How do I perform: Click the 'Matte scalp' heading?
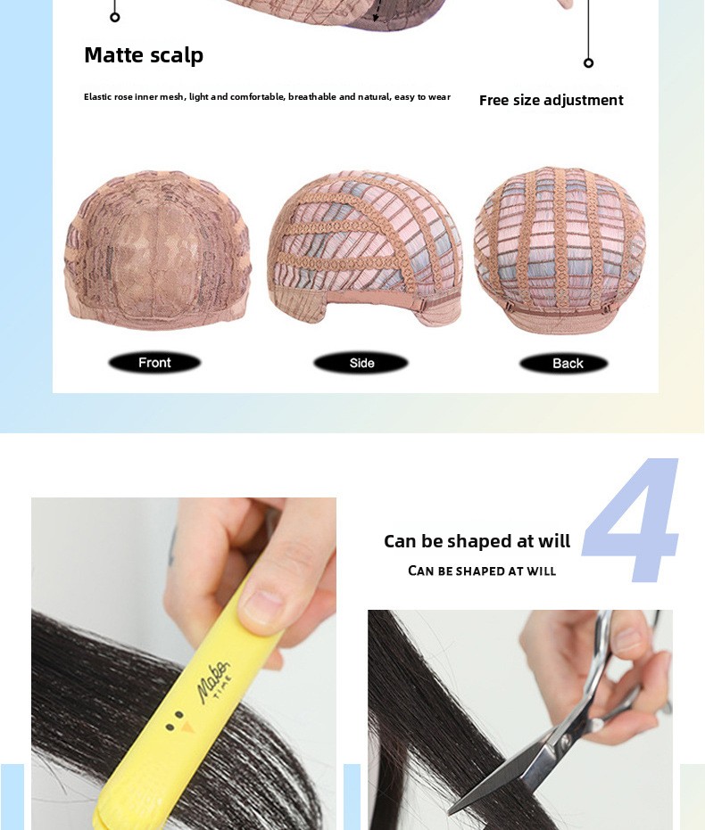pos(144,55)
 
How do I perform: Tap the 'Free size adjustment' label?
pos(551,100)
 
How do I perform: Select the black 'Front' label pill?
pos(154,363)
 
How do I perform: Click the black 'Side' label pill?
pos(361,363)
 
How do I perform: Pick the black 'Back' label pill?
pos(564,363)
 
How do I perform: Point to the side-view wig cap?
pos(364,247)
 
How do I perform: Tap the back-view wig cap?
pos(560,249)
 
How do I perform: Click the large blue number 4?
pos(631,520)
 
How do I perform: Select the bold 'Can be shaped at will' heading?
pos(477,541)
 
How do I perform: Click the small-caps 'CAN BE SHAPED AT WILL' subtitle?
pos(482,571)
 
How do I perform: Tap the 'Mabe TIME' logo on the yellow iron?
pos(214,681)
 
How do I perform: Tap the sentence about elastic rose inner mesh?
pos(267,97)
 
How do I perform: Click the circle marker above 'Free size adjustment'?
pos(588,63)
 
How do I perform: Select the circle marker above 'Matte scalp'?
pos(115,18)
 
